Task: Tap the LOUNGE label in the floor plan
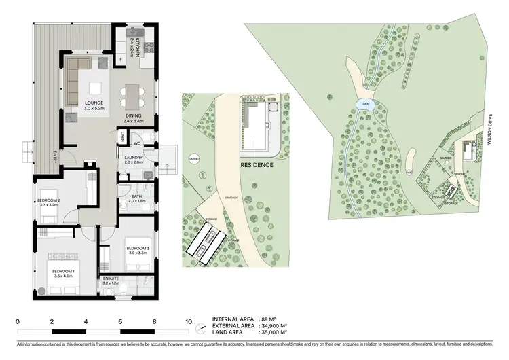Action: (x=93, y=103)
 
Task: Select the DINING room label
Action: (x=134, y=116)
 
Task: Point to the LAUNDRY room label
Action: (x=133, y=158)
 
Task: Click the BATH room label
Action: (x=137, y=197)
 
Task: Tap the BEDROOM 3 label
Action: (x=137, y=249)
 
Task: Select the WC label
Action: (x=137, y=144)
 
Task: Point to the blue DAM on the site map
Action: (x=365, y=105)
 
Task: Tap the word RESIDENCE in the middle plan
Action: (x=257, y=165)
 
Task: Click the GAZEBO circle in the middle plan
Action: (x=193, y=157)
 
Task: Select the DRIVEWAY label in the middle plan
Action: (x=230, y=198)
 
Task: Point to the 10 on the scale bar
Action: (x=189, y=321)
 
